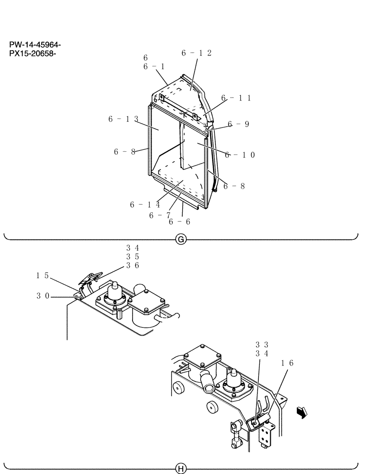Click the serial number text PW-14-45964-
tap(35, 45)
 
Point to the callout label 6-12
tap(196, 53)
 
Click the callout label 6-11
tap(235, 98)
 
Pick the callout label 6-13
tap(123, 119)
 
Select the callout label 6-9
tap(238, 124)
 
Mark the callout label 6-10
tap(240, 155)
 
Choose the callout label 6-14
tap(145, 205)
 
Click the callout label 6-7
tap(160, 215)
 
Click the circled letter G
tap(180, 240)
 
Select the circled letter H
tap(180, 469)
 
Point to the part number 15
tap(42, 274)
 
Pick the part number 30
tap(42, 296)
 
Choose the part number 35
tap(132, 256)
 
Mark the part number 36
tap(132, 265)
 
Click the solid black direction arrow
tap(300, 413)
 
